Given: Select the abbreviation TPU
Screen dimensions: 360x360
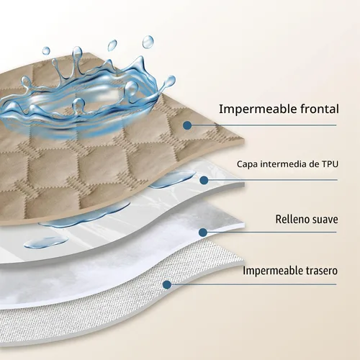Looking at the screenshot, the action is pyautogui.click(x=330, y=164).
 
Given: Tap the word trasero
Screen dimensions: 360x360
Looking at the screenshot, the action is pyautogui.click(x=321, y=271).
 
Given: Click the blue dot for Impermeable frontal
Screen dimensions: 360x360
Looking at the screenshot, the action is pyautogui.click(x=187, y=125).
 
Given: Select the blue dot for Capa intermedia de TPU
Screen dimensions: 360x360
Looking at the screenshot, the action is pyautogui.click(x=204, y=180).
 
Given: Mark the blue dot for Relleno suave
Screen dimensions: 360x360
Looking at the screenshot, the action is pyautogui.click(x=203, y=232).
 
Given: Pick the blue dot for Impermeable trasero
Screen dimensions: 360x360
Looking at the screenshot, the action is pyautogui.click(x=167, y=284).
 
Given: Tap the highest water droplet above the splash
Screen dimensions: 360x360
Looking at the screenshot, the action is pyautogui.click(x=148, y=42).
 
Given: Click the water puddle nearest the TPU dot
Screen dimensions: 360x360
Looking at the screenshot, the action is pyautogui.click(x=172, y=179).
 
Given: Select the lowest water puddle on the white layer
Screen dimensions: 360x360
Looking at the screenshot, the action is pyautogui.click(x=46, y=242).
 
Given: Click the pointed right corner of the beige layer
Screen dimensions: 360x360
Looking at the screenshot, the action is pyautogui.click(x=243, y=140).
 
